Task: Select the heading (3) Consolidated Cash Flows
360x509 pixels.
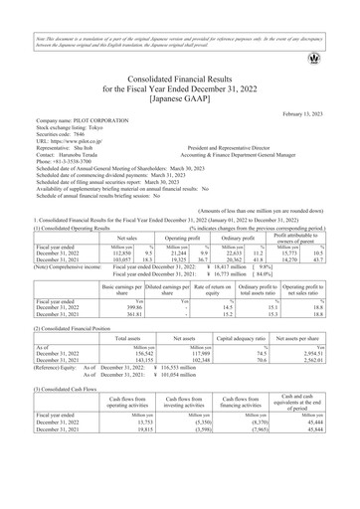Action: tap(54, 391)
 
